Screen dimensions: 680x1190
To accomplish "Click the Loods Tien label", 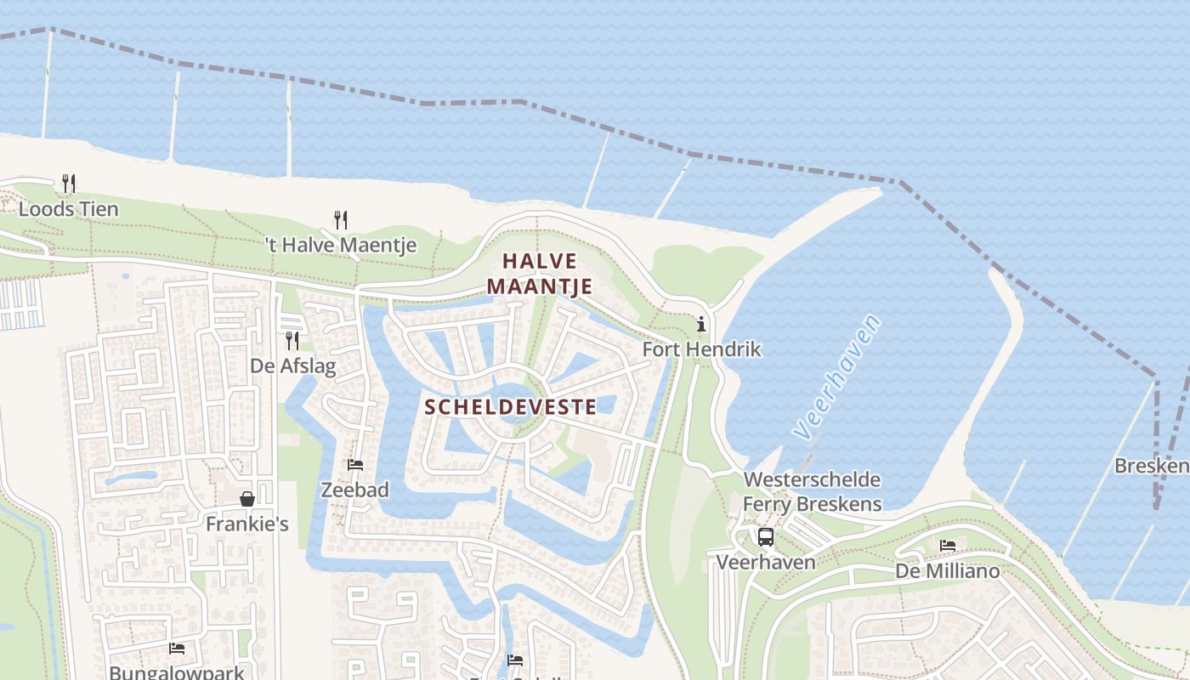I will pos(69,209).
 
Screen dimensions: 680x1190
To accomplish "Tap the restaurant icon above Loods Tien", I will pos(69,183).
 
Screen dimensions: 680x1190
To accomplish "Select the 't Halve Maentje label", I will pos(340,246).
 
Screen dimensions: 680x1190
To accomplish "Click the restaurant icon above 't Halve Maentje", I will pos(340,220).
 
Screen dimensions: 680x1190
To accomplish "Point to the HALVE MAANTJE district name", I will pos(540,274).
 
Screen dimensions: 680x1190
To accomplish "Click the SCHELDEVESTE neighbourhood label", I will pos(510,407).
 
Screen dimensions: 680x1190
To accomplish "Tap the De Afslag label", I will pos(292,367).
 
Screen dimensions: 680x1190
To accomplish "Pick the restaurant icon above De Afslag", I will pos(292,341).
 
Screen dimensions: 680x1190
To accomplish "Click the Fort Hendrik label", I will pos(701,349).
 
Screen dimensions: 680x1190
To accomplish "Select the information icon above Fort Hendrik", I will pos(701,324).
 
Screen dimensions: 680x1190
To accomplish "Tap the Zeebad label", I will pos(354,490).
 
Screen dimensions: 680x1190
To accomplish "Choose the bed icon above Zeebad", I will pos(355,465).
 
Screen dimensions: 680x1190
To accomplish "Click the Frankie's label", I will pos(247,524).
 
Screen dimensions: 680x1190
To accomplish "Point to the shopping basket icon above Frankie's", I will pos(247,499).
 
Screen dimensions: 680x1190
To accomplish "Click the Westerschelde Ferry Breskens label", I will pos(812,492).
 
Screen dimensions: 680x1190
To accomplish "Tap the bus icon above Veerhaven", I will pos(766,537).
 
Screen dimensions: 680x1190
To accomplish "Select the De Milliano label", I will pos(948,571).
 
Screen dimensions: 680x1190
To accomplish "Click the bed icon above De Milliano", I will pos(948,546).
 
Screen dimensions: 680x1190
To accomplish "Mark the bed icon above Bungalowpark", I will pos(177,648).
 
